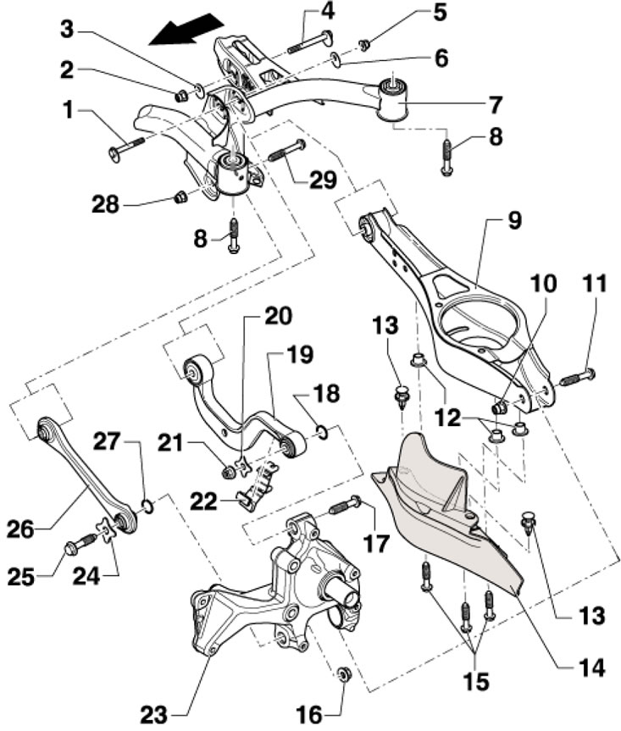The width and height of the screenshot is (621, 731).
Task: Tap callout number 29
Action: coord(323,180)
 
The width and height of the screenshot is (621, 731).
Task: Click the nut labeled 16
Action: coord(345,674)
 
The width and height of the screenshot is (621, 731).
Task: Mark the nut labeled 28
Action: coord(179,198)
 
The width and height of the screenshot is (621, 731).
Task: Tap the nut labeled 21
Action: coord(229,465)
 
